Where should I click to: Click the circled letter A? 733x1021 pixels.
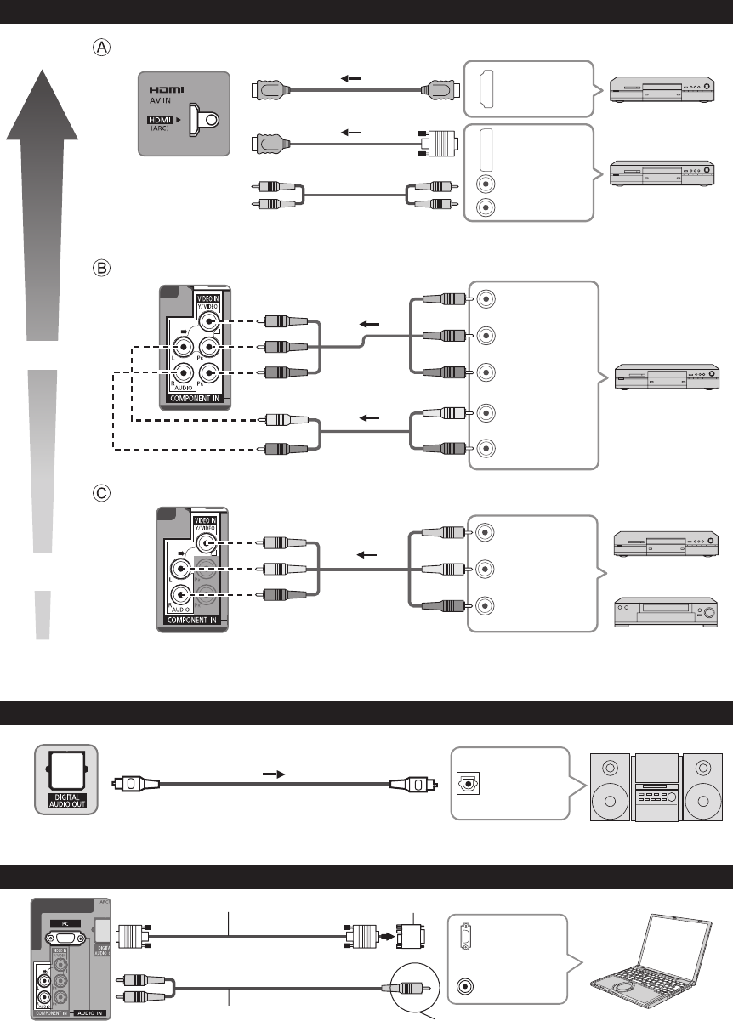coord(101,48)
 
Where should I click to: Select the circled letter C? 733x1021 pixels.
coord(101,492)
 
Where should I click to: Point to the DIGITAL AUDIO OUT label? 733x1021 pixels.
coord(65,801)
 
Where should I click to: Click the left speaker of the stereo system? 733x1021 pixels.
coord(609,787)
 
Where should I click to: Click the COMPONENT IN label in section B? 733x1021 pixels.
coord(194,397)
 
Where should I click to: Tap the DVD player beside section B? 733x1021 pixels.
coord(668,374)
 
